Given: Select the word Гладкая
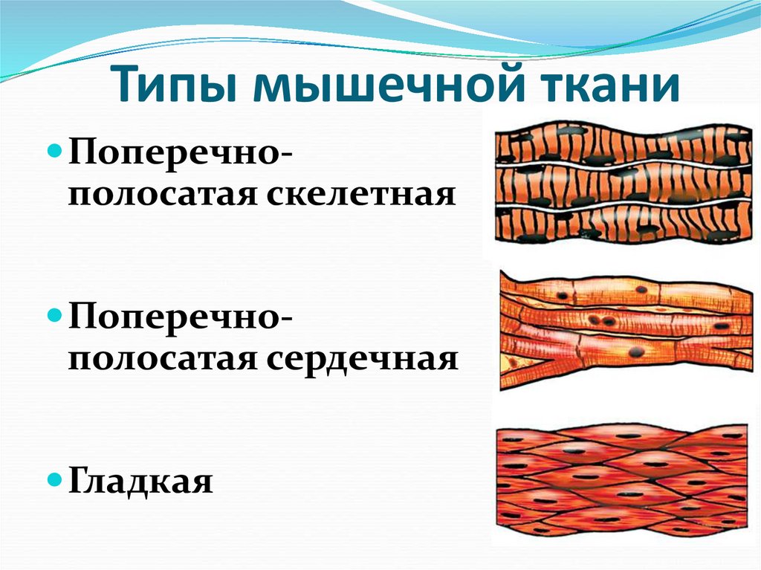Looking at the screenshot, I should pos(140,481).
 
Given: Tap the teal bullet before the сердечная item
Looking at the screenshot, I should pos(56,316).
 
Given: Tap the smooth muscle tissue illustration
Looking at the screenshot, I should pos(623,481).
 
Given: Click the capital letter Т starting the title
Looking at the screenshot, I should pos(127,85).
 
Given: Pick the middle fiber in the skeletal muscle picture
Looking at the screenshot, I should pos(623,182).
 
